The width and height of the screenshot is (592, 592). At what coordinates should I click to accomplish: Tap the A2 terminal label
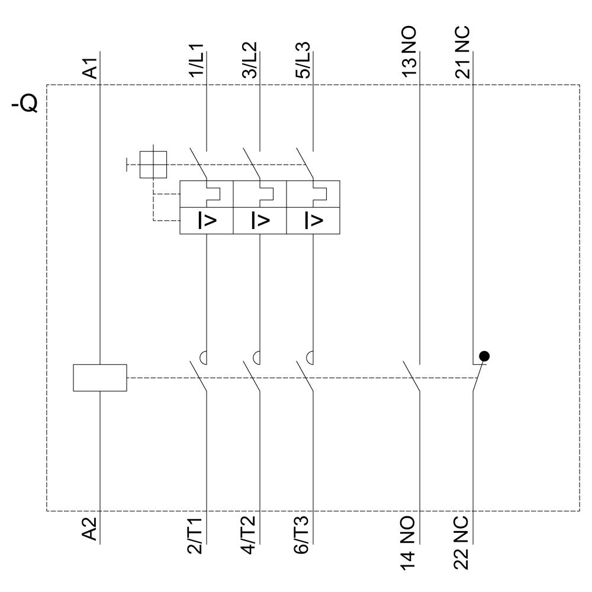(89, 528)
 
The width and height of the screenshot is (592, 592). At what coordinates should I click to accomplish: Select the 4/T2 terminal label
(249, 536)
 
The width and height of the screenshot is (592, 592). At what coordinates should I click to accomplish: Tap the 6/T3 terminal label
(303, 536)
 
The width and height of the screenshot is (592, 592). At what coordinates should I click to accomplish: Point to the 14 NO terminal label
(409, 542)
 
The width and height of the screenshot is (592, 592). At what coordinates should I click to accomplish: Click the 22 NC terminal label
(462, 542)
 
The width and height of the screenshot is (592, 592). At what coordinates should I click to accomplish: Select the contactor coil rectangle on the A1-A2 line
(99, 378)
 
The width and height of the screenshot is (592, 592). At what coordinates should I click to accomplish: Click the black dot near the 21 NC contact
(484, 356)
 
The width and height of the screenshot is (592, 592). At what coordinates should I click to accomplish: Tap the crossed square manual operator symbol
(153, 163)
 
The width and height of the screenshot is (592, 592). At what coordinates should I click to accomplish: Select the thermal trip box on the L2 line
(260, 194)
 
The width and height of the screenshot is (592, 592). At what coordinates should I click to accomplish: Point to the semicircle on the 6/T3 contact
(310, 357)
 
